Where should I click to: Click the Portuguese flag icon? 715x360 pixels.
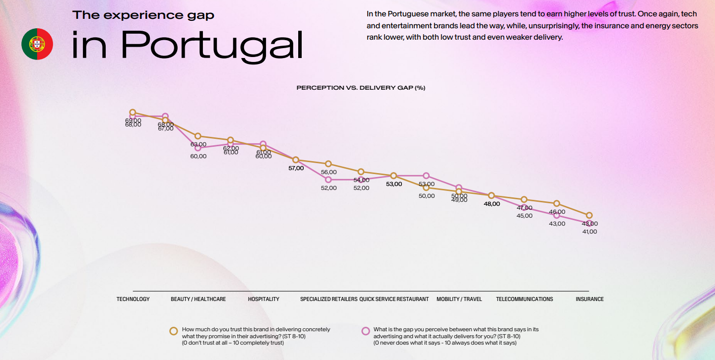37,44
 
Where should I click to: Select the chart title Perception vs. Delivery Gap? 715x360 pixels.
361,88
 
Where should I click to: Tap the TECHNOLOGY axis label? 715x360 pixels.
133,299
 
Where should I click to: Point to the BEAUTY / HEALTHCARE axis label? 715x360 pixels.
198,299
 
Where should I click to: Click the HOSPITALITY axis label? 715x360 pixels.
263,299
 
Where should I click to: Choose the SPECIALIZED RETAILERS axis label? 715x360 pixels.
328,299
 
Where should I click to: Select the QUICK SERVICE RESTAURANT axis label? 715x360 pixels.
394,299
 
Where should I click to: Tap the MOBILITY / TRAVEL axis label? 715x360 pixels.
459,299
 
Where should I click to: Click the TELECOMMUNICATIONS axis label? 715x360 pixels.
524,299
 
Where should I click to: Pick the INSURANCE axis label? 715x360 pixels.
589,299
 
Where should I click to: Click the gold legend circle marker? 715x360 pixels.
174,331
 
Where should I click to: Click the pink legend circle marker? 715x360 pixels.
366,331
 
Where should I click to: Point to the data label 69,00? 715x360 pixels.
133,120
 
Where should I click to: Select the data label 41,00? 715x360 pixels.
589,232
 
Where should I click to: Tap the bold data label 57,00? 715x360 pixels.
296,168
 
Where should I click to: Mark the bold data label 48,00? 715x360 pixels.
492,204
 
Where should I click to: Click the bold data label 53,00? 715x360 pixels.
394,184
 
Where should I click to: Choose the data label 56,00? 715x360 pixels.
328,172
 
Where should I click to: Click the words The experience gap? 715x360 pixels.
143,15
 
